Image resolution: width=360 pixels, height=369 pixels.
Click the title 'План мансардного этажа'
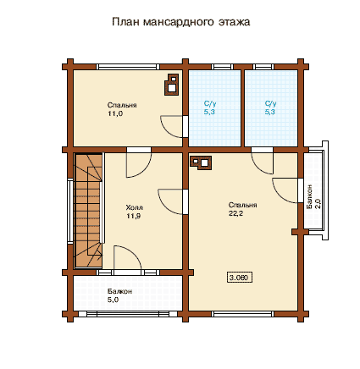tap(181, 22)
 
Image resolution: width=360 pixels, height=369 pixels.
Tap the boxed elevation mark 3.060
tap(239, 278)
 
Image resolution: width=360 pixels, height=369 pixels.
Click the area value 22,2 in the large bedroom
tap(235, 213)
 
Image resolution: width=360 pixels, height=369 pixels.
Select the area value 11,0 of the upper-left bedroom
tap(115, 113)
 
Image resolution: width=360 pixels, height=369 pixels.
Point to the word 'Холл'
tap(135, 207)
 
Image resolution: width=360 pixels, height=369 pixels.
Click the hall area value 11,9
tap(134, 217)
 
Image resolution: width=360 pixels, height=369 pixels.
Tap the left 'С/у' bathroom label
tap(210, 103)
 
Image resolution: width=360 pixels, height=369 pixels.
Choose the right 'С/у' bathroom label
tap(270, 103)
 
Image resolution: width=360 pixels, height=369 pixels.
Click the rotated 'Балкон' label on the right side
tap(309, 197)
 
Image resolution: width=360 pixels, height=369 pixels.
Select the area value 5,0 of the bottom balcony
tap(113, 300)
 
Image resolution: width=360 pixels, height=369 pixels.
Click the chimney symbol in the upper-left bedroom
tap(172, 85)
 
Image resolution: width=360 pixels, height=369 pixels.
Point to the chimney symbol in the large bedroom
tap(201, 163)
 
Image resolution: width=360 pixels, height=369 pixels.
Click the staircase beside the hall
tap(88, 210)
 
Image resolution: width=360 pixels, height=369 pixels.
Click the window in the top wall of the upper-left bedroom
tap(126, 67)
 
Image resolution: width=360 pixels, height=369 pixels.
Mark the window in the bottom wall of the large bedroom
tap(243, 314)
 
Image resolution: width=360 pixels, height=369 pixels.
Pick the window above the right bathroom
tap(263, 67)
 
